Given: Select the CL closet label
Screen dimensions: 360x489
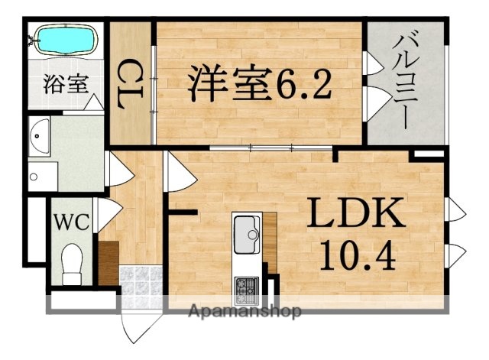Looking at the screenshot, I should tap(131, 83).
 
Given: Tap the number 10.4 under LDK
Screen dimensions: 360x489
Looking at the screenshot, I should tap(356, 257).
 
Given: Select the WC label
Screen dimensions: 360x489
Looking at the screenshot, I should tap(72, 223).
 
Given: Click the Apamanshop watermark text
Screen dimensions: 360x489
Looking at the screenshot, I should tap(244, 311).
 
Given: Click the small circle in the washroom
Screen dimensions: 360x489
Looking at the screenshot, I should tap(33, 177).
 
